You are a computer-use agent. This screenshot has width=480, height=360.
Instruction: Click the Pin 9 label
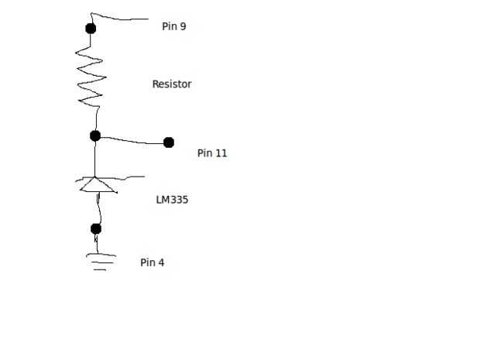coord(173,26)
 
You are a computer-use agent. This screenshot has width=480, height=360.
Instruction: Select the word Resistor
coord(171,84)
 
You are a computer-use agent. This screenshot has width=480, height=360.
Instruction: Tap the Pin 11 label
coord(211,153)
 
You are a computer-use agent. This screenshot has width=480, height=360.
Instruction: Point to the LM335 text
coord(172,200)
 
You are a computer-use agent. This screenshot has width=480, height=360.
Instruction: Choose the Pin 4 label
coord(152,262)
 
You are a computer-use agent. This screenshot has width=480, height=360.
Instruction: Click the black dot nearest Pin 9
coord(91,29)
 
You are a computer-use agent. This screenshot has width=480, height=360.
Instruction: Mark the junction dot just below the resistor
coord(95,135)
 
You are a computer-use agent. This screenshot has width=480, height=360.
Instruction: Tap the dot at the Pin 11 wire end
coord(169,142)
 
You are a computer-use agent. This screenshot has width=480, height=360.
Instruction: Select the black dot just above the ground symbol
coord(96,228)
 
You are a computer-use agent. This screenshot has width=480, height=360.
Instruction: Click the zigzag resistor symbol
coord(90,77)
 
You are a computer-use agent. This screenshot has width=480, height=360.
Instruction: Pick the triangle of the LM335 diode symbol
coord(98,186)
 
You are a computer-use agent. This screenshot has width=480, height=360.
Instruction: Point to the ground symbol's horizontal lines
coord(100,261)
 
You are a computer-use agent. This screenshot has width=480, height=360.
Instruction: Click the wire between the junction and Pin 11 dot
coord(132,140)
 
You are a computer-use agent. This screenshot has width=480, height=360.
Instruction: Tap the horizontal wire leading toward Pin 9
coord(120,16)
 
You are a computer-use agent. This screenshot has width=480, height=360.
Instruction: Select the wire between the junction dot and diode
coord(95,159)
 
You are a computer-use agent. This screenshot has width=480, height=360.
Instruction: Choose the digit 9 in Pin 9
coord(183,26)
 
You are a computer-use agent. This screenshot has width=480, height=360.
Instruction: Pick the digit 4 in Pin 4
coord(161,262)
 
